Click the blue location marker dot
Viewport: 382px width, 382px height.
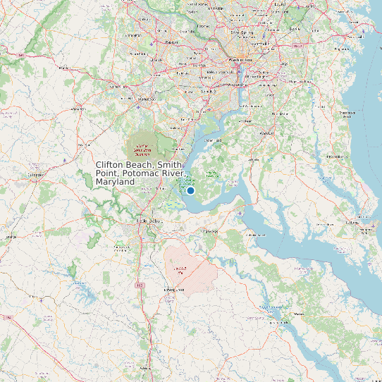point(190,190)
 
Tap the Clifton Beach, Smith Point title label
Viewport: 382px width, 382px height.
point(140,173)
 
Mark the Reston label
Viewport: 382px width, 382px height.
point(171,42)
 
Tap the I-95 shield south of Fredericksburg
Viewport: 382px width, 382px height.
point(140,285)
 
